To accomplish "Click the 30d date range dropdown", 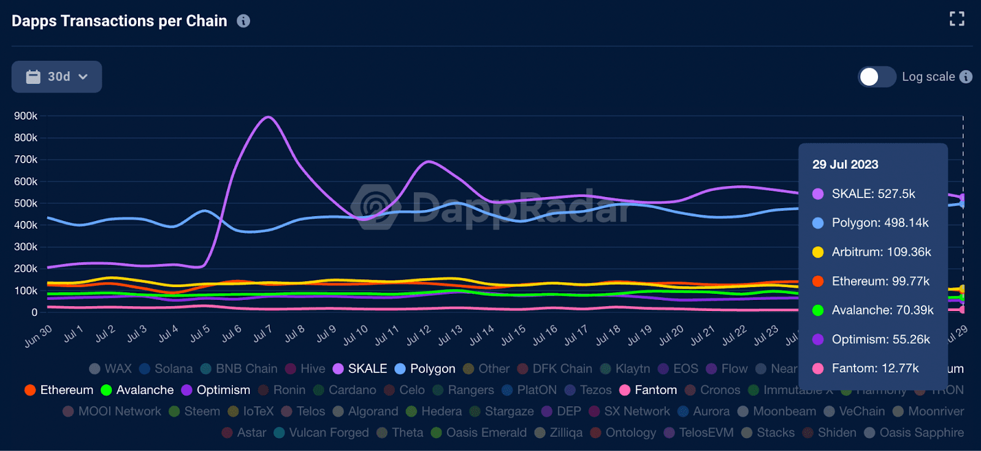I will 56,77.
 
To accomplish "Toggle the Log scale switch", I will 877,77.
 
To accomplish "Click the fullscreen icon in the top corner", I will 956,19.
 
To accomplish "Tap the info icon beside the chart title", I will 243,21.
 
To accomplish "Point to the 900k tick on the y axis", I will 26,116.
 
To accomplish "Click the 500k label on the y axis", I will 26,203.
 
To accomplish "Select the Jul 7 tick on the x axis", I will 262,334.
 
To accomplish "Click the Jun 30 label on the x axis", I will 38,336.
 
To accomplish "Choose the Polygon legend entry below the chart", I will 426,369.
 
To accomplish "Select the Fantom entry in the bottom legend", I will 649,390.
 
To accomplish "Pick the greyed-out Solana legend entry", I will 166,369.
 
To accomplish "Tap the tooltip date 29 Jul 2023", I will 845,164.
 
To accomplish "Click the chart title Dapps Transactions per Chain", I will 120,21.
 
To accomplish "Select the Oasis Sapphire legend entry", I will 914,433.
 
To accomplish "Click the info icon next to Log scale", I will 966,77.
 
